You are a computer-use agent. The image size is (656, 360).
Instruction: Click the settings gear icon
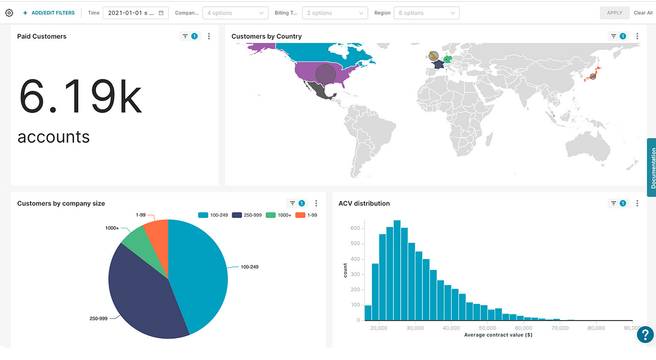click(x=9, y=13)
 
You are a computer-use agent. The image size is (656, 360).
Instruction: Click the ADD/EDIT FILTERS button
click(x=49, y=13)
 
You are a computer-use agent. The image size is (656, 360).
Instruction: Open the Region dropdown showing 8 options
click(x=427, y=13)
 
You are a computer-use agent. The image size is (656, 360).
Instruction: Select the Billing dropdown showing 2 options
click(x=335, y=13)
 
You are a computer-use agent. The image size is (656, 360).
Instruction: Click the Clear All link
click(x=642, y=13)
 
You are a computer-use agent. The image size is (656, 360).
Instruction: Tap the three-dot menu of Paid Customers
click(x=209, y=36)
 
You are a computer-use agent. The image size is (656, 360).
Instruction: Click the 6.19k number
click(x=80, y=96)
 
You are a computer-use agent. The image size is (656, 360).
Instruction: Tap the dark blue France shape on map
click(x=437, y=64)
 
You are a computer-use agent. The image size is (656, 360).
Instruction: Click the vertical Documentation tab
click(x=652, y=167)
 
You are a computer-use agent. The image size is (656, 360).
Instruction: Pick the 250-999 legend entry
click(x=243, y=215)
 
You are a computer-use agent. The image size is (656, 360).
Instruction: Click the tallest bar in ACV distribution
click(x=397, y=270)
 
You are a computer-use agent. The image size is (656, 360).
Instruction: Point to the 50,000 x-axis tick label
click(x=488, y=328)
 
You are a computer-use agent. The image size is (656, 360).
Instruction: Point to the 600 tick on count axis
click(x=355, y=228)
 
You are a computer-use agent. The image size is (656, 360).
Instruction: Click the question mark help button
click(x=645, y=334)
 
